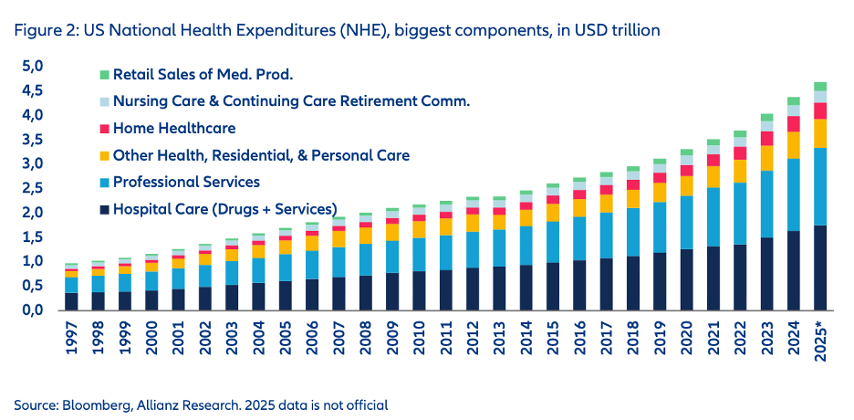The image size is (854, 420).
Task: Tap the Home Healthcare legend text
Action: [x=174, y=129]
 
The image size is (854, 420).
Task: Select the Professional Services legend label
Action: [x=186, y=183]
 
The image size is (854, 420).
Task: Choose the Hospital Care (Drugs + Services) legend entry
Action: [x=224, y=209]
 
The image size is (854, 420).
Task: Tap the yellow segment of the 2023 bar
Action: [x=766, y=158]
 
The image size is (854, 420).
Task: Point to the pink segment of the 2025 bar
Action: [x=820, y=110]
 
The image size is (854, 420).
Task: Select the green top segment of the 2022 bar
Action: [x=739, y=133]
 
